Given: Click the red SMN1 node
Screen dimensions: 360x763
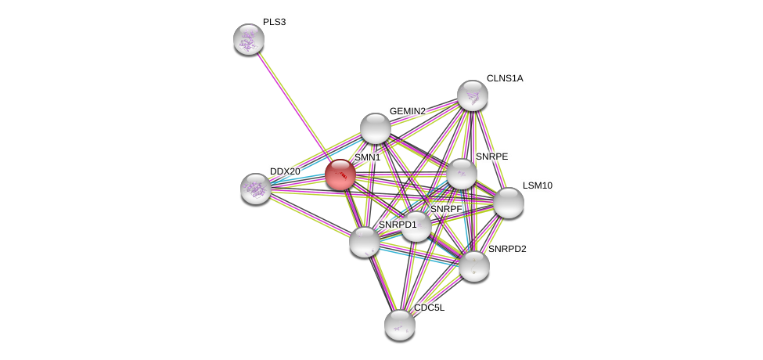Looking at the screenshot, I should [x=340, y=174].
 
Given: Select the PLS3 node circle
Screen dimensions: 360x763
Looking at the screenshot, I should [x=249, y=39].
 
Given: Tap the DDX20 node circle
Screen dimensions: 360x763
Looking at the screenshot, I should [x=256, y=188].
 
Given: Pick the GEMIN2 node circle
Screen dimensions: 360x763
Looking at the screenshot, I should [x=375, y=128].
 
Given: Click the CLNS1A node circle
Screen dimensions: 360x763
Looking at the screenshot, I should [x=473, y=95].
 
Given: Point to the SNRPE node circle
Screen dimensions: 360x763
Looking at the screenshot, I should [x=461, y=174].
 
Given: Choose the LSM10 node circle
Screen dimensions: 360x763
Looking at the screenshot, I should [x=508, y=203].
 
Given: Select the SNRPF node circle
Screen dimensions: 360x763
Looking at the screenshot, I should [x=416, y=226].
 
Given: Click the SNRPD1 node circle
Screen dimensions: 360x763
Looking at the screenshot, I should [x=365, y=241].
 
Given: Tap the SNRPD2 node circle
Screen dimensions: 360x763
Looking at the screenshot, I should [x=474, y=265].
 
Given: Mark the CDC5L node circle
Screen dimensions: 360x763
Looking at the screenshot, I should [x=399, y=324].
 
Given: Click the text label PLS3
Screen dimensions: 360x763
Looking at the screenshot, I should [x=274, y=22].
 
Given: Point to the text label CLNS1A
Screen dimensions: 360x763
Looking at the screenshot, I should [x=505, y=78].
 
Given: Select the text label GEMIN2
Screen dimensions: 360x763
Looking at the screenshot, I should [x=407, y=111].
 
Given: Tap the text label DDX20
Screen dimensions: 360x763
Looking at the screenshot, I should [x=285, y=171].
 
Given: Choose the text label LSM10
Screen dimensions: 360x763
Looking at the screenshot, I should [x=538, y=185].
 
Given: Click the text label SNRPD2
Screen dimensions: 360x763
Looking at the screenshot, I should [x=507, y=249].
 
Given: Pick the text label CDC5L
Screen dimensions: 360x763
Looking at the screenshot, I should [x=429, y=308].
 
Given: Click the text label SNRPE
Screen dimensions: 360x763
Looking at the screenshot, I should [x=491, y=157].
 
